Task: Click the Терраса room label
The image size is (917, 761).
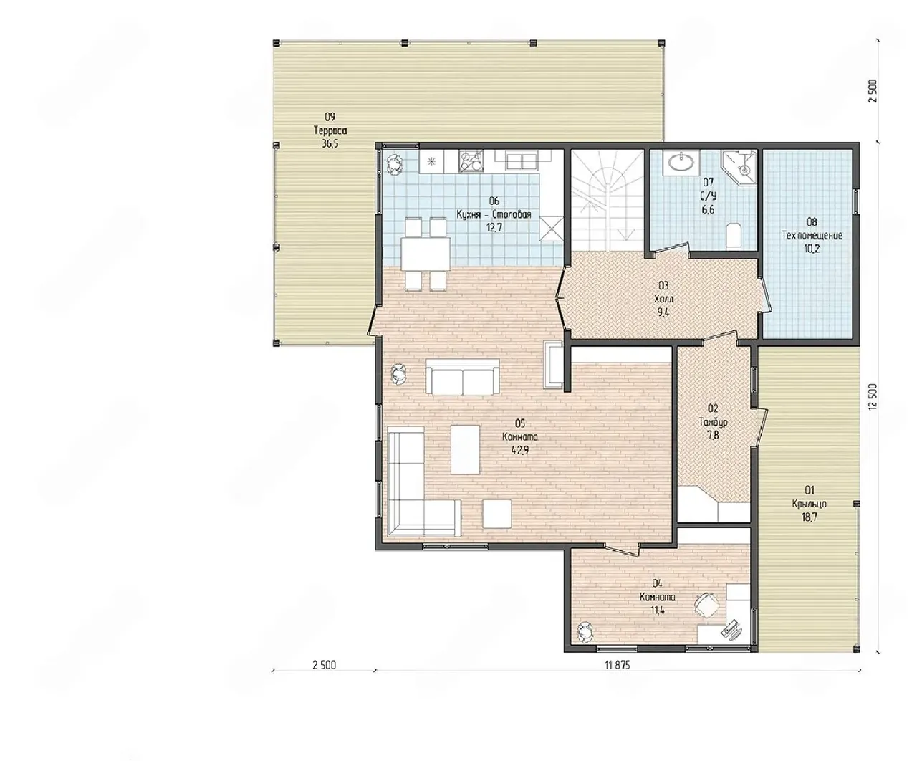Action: click(x=330, y=130)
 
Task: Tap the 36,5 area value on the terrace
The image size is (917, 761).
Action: click(x=330, y=144)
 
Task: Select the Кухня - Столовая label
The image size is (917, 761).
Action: click(x=494, y=214)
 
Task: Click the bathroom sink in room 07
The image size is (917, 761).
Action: click(x=681, y=162)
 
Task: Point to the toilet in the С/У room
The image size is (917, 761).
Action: click(x=734, y=236)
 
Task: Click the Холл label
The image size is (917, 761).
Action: click(x=663, y=300)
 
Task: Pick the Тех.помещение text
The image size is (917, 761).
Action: click(x=812, y=236)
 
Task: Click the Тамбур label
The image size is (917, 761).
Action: click(x=713, y=422)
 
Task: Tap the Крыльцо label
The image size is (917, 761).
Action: click(x=810, y=504)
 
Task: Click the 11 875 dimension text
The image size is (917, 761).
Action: click(x=617, y=665)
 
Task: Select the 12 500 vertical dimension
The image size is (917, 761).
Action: click(x=872, y=397)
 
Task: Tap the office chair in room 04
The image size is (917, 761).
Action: click(x=706, y=604)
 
